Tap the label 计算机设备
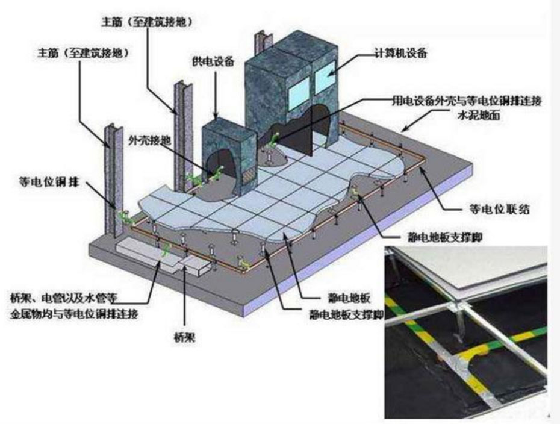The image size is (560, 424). (x=400, y=53)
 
